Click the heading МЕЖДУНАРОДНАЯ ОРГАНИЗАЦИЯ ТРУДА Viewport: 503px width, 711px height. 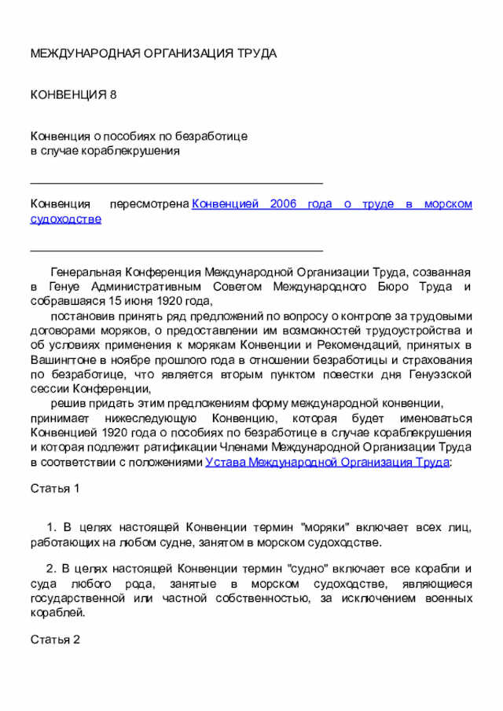pos(153,53)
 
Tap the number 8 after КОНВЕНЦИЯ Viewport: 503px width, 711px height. pos(113,95)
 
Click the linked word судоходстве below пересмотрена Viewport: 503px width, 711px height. pos(65,218)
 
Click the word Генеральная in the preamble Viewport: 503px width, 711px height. pos(84,272)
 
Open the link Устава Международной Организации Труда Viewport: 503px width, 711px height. pos(327,462)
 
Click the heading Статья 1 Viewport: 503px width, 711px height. pos(55,489)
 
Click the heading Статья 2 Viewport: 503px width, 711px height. pos(55,640)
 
